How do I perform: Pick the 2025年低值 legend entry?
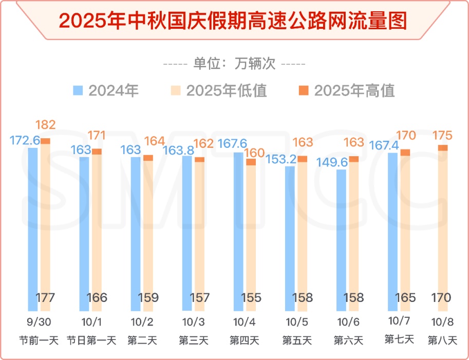(x=219, y=91)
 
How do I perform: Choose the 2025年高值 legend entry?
(x=347, y=91)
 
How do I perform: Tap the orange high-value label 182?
(x=45, y=125)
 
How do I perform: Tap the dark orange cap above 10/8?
(x=443, y=148)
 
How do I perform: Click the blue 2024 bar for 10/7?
(x=392, y=231)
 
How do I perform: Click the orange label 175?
(x=442, y=136)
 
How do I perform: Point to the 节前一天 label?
(x=39, y=340)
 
